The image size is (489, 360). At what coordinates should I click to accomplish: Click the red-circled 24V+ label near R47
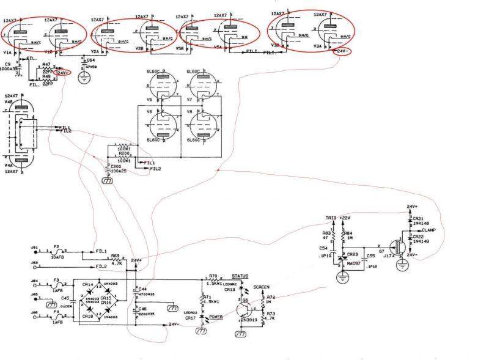[x=63, y=73]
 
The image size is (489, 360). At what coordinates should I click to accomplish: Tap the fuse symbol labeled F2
[x=56, y=251]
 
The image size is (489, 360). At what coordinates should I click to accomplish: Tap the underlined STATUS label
[x=248, y=277]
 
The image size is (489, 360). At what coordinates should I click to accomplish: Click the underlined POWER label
[x=216, y=317]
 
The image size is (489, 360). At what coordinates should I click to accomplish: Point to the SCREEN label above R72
[x=261, y=287]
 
